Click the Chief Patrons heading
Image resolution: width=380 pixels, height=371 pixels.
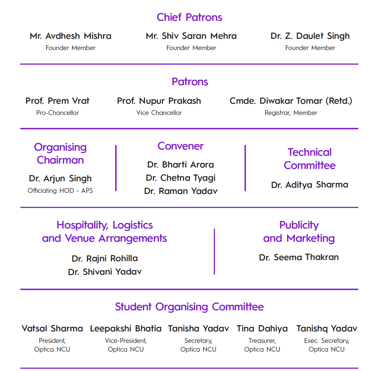point(189,17)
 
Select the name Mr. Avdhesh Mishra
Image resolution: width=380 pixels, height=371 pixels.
point(70,36)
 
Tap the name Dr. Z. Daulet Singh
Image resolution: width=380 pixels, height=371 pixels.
point(310,36)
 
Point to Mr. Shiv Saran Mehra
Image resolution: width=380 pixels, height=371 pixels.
point(191,36)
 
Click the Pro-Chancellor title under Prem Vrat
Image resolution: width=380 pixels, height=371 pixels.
point(57,113)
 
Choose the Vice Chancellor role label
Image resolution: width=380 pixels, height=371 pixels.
point(159,113)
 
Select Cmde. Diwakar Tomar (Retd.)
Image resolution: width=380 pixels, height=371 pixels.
point(291,101)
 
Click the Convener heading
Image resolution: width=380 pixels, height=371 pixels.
point(181,146)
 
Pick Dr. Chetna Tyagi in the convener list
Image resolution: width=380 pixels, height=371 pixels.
point(181,178)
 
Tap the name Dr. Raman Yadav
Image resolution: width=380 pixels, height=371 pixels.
point(181,191)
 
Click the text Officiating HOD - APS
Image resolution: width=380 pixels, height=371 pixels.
point(60,191)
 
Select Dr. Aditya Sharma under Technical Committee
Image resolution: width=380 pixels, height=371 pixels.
point(310,185)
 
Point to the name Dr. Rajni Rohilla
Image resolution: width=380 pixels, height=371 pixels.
point(105,258)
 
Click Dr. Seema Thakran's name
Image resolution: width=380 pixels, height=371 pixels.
point(299,257)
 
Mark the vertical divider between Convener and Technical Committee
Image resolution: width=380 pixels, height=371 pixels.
point(245,168)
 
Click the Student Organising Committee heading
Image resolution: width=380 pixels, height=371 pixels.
point(189,307)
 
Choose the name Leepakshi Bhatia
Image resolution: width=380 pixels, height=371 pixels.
point(126,328)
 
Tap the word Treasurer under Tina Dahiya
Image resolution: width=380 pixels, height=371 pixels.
point(262,341)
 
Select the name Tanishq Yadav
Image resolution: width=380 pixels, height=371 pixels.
point(326,328)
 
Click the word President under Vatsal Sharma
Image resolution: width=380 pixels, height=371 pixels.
point(52,341)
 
